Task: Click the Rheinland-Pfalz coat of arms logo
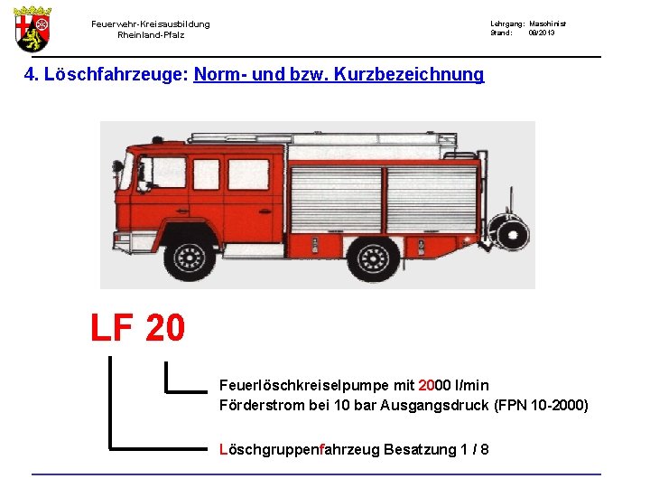pyautogui.click(x=32, y=28)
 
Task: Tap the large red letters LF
pyautogui.click(x=113, y=328)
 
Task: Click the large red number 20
pyautogui.click(x=164, y=328)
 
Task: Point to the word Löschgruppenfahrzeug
pyautogui.click(x=300, y=449)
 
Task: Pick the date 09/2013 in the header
pyautogui.click(x=542, y=33)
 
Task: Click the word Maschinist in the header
pyautogui.click(x=547, y=23)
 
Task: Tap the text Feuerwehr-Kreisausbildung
pyautogui.click(x=150, y=24)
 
